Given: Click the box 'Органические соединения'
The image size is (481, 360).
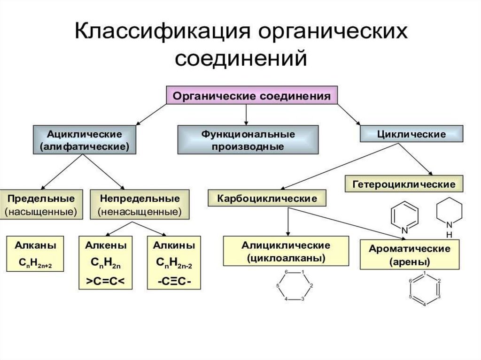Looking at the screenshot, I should click(252, 96).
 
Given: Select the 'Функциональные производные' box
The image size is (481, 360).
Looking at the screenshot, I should click(248, 140).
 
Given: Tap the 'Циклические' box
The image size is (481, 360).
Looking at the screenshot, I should click(411, 134).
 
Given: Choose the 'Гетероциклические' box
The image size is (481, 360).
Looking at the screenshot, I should click(404, 184).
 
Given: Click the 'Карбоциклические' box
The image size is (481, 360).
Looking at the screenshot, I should click(266, 198).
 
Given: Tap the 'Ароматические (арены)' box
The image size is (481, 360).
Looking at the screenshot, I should click(409, 255).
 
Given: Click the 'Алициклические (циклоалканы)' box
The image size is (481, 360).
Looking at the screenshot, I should click(286, 252).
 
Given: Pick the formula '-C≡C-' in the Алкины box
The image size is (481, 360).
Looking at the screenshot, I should click(174, 282).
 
